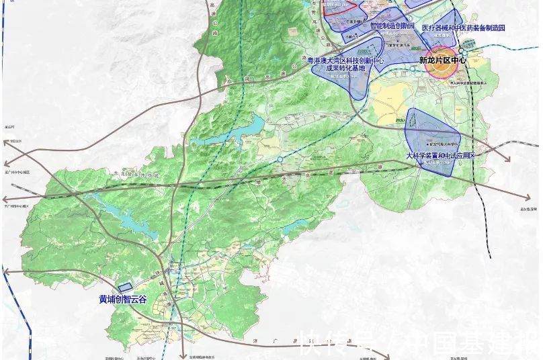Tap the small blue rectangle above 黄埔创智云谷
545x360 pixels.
tap(126, 287)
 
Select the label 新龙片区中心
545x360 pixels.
tap(442, 60)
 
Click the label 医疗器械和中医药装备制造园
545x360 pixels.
tap(463, 28)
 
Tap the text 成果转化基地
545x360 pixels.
tap(345, 68)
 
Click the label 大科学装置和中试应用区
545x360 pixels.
tap(440, 155)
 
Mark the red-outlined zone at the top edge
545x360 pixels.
tap(339, 7)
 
